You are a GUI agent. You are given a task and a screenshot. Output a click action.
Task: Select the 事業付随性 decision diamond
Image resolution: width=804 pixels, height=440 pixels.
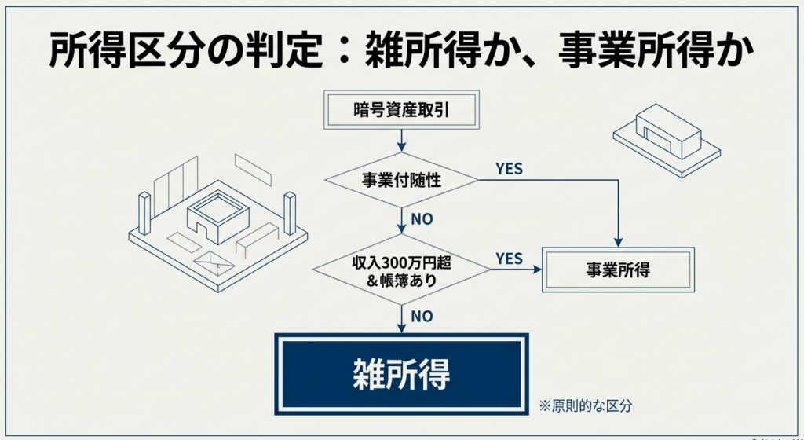coord(401,181)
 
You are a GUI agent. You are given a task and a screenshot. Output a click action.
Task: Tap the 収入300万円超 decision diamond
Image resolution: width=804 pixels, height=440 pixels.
coord(401,269)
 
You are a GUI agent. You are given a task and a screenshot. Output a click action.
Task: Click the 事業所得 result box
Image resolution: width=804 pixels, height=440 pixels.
coord(618,269)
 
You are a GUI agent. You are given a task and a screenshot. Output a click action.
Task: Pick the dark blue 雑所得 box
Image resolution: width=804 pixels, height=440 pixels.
coord(401,373)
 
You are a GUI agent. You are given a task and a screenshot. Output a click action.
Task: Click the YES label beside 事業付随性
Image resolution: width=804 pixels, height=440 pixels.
coord(510,169)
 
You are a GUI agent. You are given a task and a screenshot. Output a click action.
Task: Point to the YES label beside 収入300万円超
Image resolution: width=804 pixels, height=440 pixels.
coord(510,258)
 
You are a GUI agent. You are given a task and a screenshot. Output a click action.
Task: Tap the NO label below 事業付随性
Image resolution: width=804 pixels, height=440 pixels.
coord(422,219)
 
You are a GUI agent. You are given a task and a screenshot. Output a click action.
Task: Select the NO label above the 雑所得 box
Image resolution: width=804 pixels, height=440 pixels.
coord(422,316)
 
